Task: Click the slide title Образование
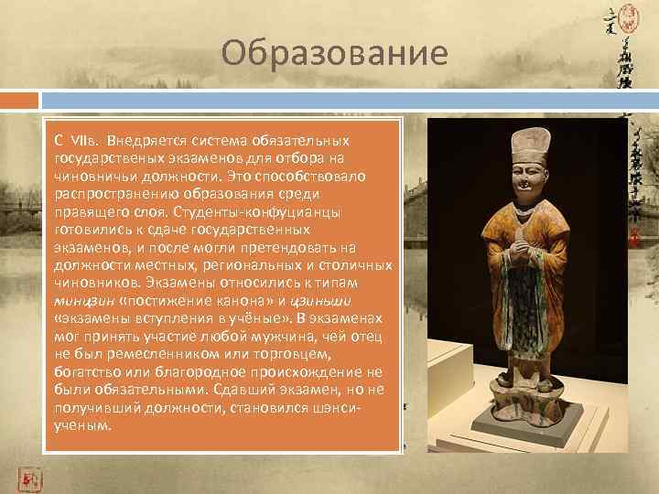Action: pos(334,54)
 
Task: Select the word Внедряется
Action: pos(138,143)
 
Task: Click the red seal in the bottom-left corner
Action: pos(29,478)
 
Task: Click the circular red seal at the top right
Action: pos(630,14)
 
